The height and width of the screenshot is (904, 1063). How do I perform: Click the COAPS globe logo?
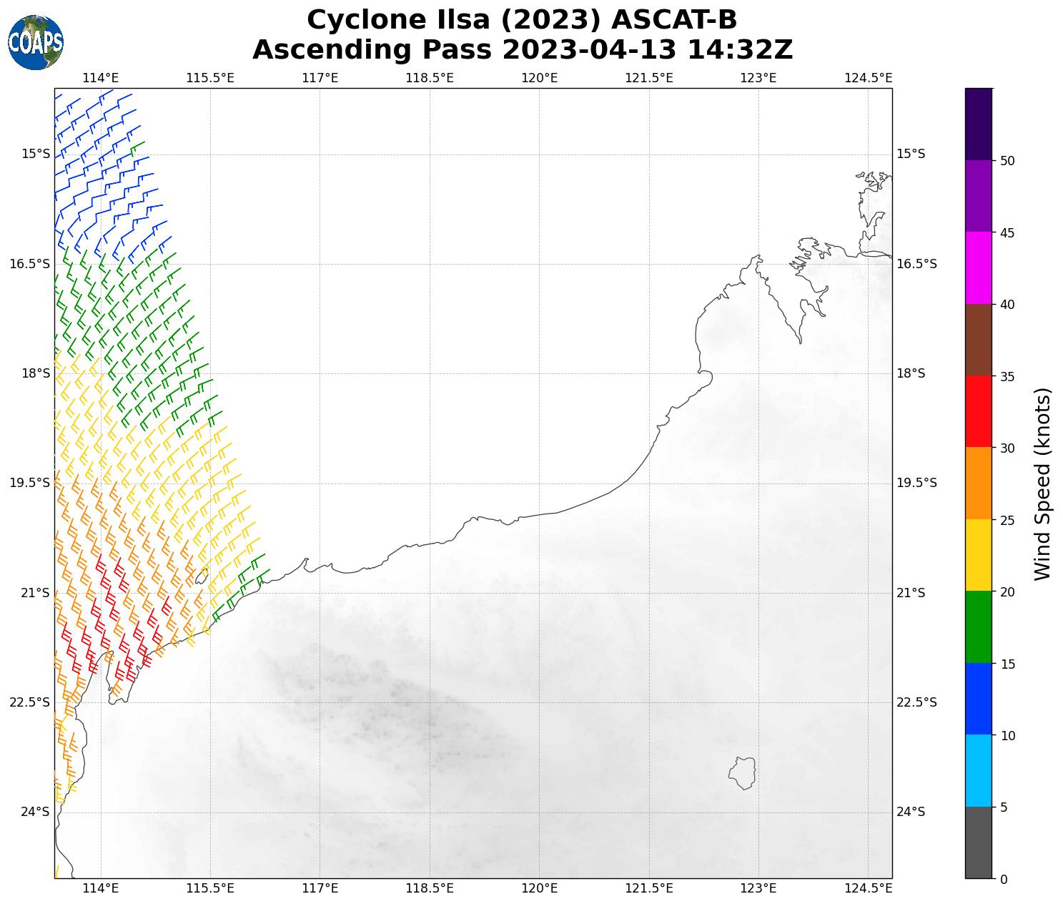[x=36, y=42]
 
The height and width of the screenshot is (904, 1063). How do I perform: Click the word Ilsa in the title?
[x=460, y=20]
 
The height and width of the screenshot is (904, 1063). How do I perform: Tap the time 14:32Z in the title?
[x=740, y=50]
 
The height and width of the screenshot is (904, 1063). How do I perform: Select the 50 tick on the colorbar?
[x=1007, y=161]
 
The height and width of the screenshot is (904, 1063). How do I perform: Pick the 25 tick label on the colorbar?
[x=1007, y=520]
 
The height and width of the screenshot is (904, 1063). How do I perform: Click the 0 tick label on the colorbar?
[x=1004, y=879]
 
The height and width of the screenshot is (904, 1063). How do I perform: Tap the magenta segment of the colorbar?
[x=978, y=267]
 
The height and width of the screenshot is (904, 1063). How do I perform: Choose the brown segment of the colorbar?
[x=978, y=340]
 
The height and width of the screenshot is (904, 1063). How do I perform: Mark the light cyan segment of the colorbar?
[x=978, y=771]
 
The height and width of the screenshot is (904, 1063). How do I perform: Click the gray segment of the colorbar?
[x=978, y=842]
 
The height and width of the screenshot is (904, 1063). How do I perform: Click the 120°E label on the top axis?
[x=539, y=77]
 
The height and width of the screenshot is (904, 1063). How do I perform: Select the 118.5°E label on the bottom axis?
[x=430, y=888]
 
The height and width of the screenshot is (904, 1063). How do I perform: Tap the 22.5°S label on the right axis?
[x=916, y=702]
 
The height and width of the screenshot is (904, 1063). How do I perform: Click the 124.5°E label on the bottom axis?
[x=868, y=888]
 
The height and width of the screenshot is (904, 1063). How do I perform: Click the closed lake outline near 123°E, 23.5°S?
[x=743, y=773]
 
